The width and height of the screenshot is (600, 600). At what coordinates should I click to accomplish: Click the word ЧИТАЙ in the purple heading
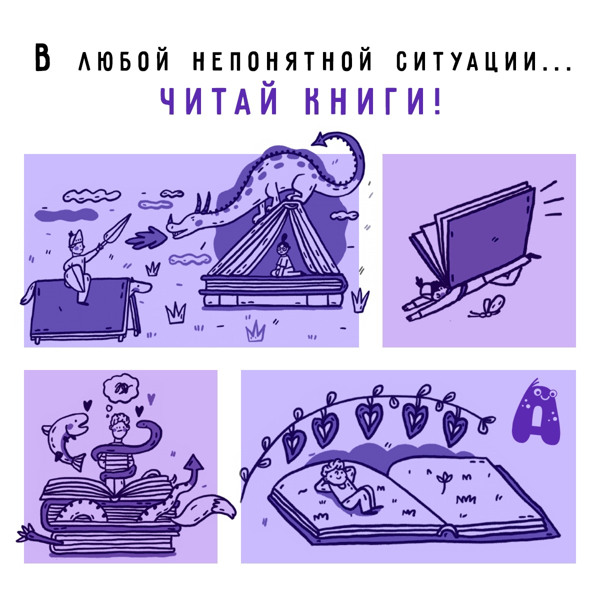(219, 101)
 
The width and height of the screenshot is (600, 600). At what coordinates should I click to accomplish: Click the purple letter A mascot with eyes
(535, 413)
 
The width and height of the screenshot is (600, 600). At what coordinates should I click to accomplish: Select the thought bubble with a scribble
(121, 386)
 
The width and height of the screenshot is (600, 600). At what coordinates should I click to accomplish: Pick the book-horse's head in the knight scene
(140, 286)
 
